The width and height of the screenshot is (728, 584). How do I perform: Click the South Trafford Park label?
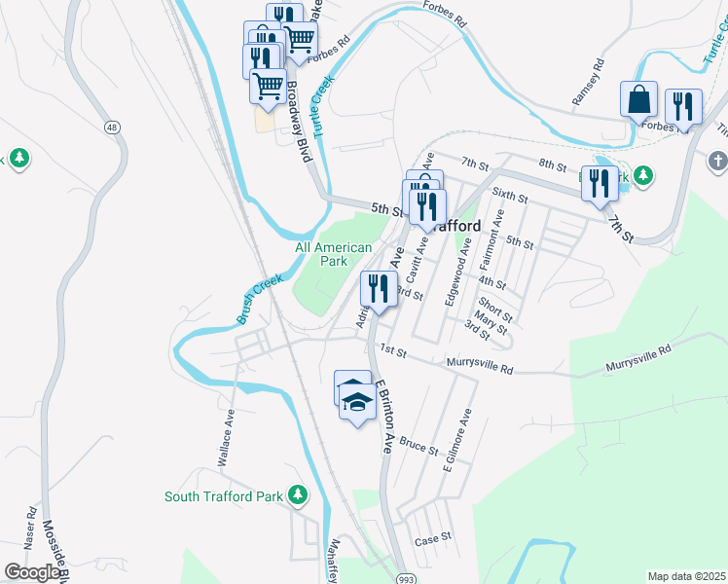click(223, 496)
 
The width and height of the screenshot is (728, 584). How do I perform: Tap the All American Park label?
click(334, 254)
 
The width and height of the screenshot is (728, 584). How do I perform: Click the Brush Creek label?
click(259, 299)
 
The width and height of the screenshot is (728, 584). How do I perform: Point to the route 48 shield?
click(113, 128)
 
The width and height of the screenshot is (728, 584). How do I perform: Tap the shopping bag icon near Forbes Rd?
click(638, 99)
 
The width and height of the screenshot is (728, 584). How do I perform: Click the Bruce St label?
click(419, 447)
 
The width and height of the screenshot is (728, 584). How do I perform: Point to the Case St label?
click(433, 538)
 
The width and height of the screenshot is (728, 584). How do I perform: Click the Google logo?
click(31, 572)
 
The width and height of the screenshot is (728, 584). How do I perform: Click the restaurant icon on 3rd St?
click(378, 288)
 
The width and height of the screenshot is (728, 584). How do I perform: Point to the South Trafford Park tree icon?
click(299, 496)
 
